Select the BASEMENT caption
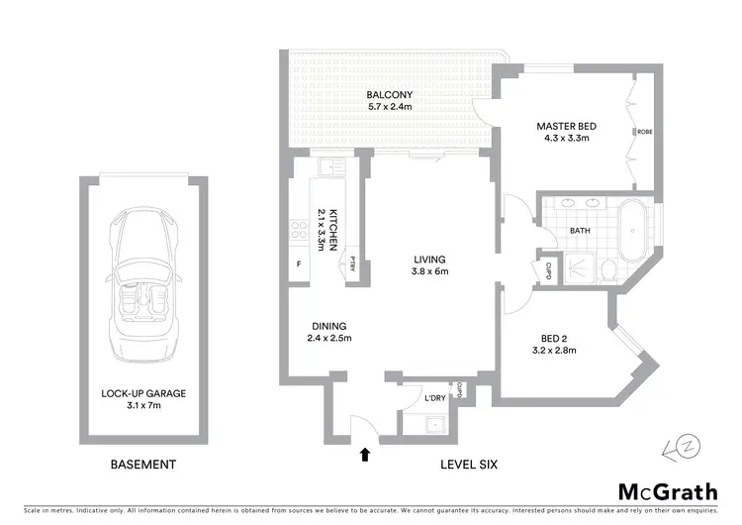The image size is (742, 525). (143, 464)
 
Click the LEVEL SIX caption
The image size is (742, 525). (470, 464)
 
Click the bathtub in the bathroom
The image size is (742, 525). (630, 229)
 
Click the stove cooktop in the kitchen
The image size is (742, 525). (297, 231)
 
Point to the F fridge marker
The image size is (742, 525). (299, 264)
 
